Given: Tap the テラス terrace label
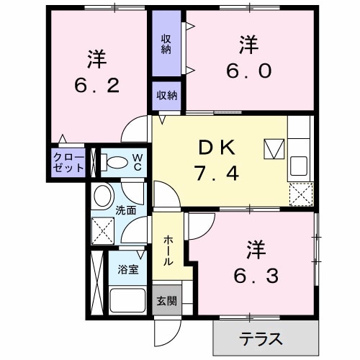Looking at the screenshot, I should [x=260, y=338].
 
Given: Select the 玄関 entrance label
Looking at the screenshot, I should [x=166, y=301].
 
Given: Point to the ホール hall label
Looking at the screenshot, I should [x=168, y=251].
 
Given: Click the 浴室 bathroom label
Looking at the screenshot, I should [x=128, y=271].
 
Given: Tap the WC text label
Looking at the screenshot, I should [x=137, y=162].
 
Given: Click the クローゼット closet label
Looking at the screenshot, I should [x=69, y=162].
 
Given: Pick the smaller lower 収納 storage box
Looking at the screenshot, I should [x=166, y=95].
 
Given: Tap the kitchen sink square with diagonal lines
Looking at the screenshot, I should [x=274, y=149].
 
